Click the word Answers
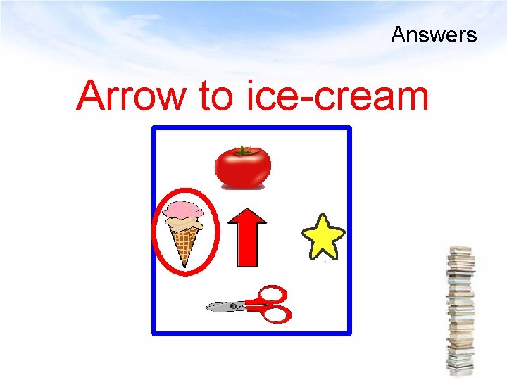click(434, 34)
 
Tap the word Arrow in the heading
click(132, 96)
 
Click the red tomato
click(242, 169)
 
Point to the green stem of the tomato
click(243, 150)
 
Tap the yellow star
click(323, 237)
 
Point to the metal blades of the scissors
click(224, 306)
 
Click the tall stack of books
click(461, 310)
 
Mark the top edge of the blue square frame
click(251, 128)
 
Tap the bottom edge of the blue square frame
click(251, 331)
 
